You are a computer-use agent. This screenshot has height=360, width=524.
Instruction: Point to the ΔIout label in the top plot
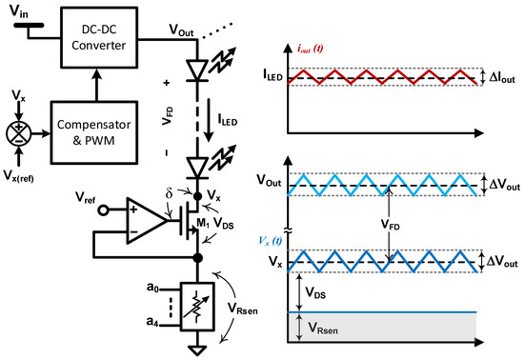(x=498, y=75)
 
